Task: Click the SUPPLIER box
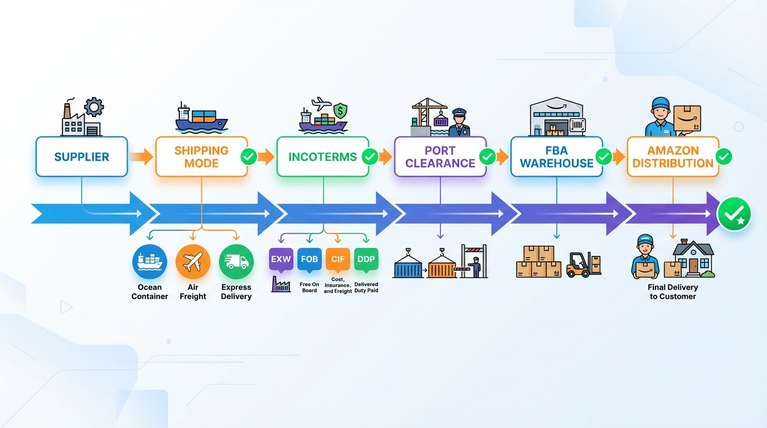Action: pyautogui.click(x=81, y=157)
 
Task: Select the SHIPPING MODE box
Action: pyautogui.click(x=201, y=157)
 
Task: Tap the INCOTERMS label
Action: pyautogui.click(x=322, y=157)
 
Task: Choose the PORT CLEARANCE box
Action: pyautogui.click(x=440, y=157)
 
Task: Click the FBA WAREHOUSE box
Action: pyautogui.click(x=556, y=157)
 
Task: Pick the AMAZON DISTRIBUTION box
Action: pyautogui.click(x=673, y=157)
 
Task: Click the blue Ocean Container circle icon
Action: pyautogui.click(x=149, y=261)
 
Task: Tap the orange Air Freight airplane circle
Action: pyautogui.click(x=193, y=261)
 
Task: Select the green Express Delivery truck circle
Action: pyautogui.click(x=236, y=261)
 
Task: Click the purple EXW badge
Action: pyautogui.click(x=281, y=260)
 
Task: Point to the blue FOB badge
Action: pyautogui.click(x=309, y=260)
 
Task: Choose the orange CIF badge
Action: pyautogui.click(x=338, y=260)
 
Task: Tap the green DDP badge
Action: pyautogui.click(x=366, y=260)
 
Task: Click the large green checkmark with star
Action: pyautogui.click(x=734, y=214)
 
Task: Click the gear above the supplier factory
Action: pyautogui.click(x=94, y=106)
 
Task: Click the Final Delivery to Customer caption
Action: pyautogui.click(x=673, y=291)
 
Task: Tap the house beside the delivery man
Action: pyautogui.click(x=692, y=260)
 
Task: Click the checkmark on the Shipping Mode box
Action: pyautogui.click(x=249, y=157)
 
